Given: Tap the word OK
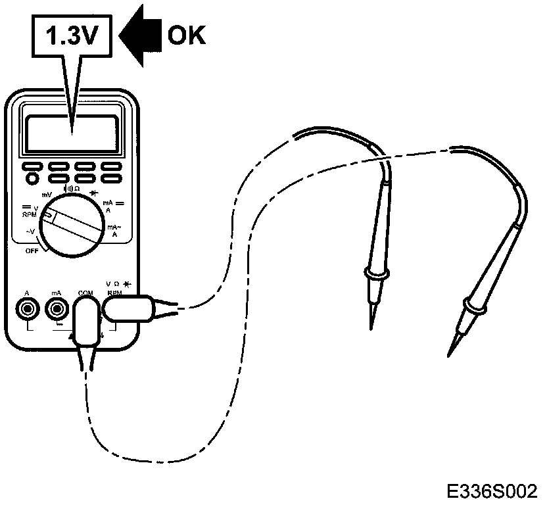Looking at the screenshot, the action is [x=186, y=36].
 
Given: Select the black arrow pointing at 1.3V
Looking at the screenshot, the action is [x=143, y=36].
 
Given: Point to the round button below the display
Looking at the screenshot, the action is [x=32, y=178].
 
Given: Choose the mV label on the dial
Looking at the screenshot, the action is [x=47, y=195].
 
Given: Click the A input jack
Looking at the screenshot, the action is [x=27, y=307].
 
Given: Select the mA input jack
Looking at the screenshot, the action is [x=55, y=307].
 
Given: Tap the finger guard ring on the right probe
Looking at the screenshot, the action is [x=475, y=304].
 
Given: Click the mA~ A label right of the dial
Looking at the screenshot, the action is [x=114, y=230].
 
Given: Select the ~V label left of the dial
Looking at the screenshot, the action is [x=30, y=231].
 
